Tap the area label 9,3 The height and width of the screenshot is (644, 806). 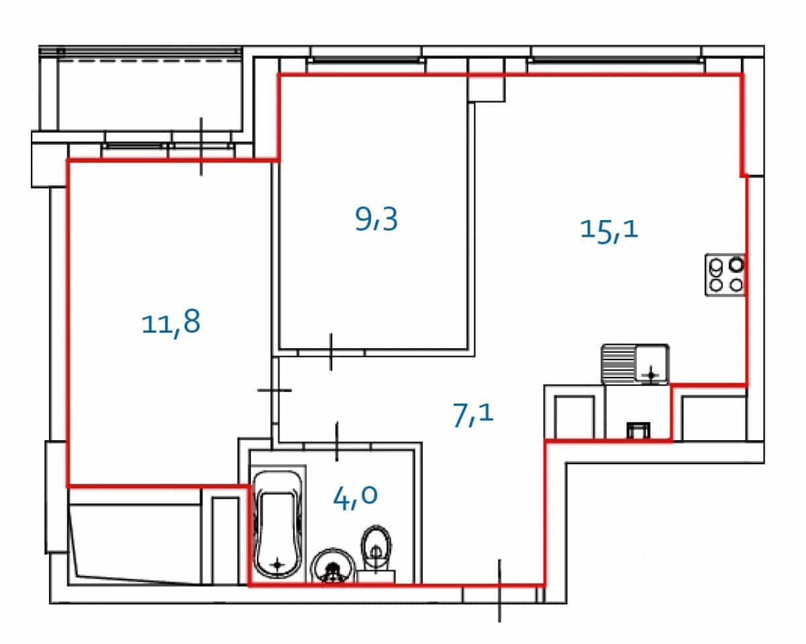click(376, 219)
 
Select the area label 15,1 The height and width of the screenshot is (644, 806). click(609, 230)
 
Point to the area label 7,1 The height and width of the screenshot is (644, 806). click(473, 415)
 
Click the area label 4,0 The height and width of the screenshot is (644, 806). click(356, 496)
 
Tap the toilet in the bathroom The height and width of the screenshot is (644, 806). click(376, 554)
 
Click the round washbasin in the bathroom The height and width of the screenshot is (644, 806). click(333, 566)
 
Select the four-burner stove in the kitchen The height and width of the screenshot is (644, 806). click(725, 275)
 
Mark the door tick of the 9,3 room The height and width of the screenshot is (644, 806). click(331, 352)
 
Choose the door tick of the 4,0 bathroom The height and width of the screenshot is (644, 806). click(337, 441)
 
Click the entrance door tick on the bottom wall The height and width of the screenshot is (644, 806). click(499, 590)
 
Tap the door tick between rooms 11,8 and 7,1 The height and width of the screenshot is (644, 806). click(274, 390)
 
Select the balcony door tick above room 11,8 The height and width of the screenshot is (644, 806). click(201, 146)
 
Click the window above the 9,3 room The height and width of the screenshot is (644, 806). click(366, 60)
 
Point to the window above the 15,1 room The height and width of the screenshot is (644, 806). click(616, 60)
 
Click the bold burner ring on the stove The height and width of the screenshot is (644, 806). click(736, 266)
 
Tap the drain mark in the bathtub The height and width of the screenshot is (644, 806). click(278, 564)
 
